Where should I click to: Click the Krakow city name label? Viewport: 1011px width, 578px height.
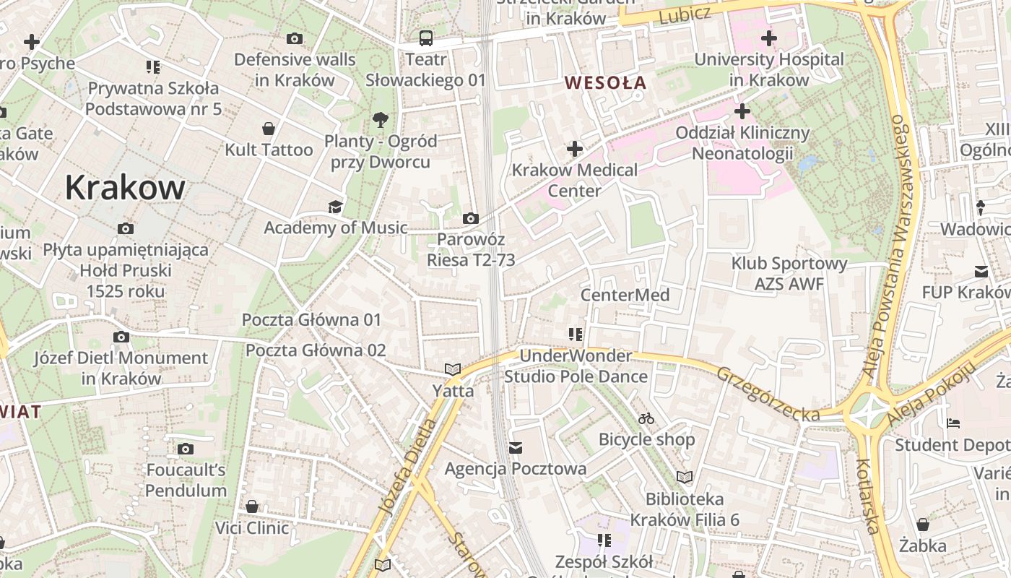(125, 187)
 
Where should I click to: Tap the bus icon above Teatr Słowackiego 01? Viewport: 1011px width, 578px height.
(426, 38)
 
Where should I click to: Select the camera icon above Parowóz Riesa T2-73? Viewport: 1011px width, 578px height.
(470, 218)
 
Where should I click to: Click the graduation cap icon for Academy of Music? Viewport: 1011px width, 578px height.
(335, 208)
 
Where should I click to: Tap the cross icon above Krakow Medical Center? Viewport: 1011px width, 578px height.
(575, 150)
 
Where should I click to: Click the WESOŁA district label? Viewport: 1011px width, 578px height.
(605, 82)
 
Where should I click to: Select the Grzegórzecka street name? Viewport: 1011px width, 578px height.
(768, 394)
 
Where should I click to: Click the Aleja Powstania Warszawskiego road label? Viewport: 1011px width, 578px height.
(896, 245)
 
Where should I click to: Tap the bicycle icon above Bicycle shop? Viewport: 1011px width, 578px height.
(646, 418)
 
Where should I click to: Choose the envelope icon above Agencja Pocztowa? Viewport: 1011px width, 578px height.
(516, 448)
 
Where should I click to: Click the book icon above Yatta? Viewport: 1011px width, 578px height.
(453, 370)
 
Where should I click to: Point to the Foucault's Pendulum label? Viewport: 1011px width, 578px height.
(186, 480)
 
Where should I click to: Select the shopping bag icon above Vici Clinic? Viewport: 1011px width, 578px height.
(252, 506)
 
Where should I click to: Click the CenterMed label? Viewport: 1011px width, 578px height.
(625, 295)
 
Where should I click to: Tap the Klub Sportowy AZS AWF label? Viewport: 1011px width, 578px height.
(789, 274)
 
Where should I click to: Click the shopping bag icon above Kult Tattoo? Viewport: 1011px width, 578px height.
(269, 129)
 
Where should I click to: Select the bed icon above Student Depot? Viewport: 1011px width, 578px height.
(953, 423)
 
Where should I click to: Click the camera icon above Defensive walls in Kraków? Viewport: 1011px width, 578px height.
(295, 38)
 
